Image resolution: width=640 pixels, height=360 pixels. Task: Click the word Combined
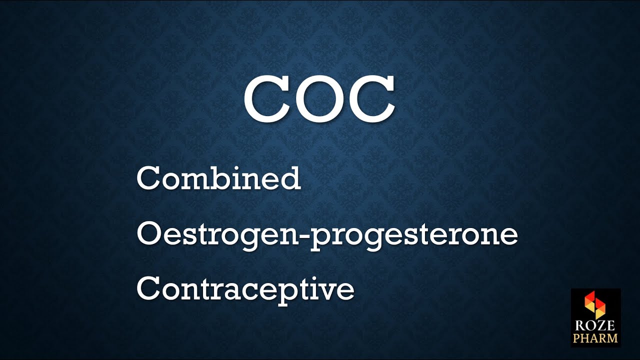coord(218,178)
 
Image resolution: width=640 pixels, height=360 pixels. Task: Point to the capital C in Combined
coord(148,179)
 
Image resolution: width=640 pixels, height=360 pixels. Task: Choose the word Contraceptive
coord(245,289)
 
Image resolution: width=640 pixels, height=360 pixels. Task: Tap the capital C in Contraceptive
coord(148,288)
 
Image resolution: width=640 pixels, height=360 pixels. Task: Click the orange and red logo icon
coord(595,304)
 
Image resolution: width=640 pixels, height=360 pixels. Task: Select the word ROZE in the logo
coord(595,326)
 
